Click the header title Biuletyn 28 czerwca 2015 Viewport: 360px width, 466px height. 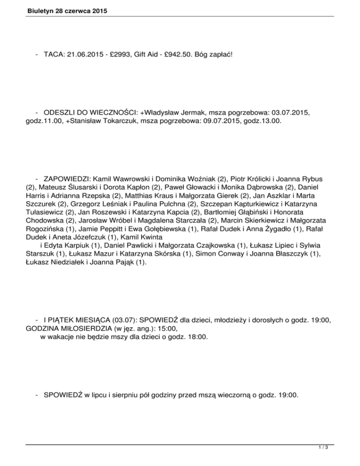click(x=57, y=9)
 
